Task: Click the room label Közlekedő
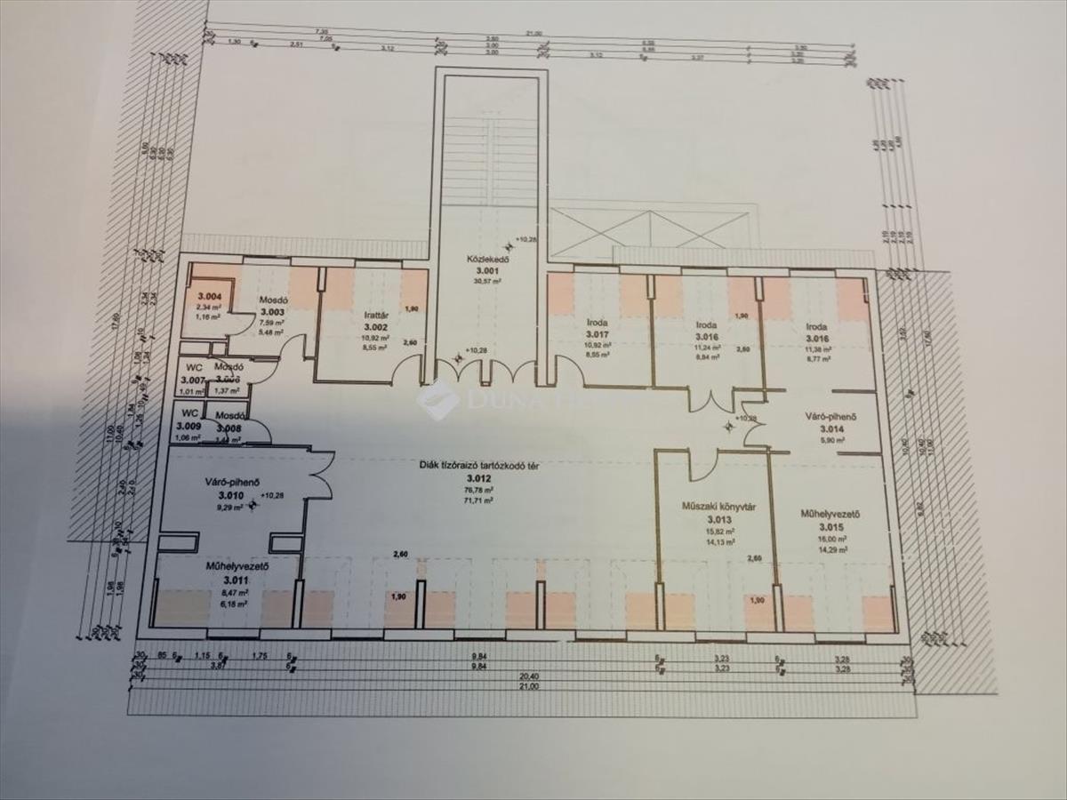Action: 488,260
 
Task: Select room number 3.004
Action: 209,296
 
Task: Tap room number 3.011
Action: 226,580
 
